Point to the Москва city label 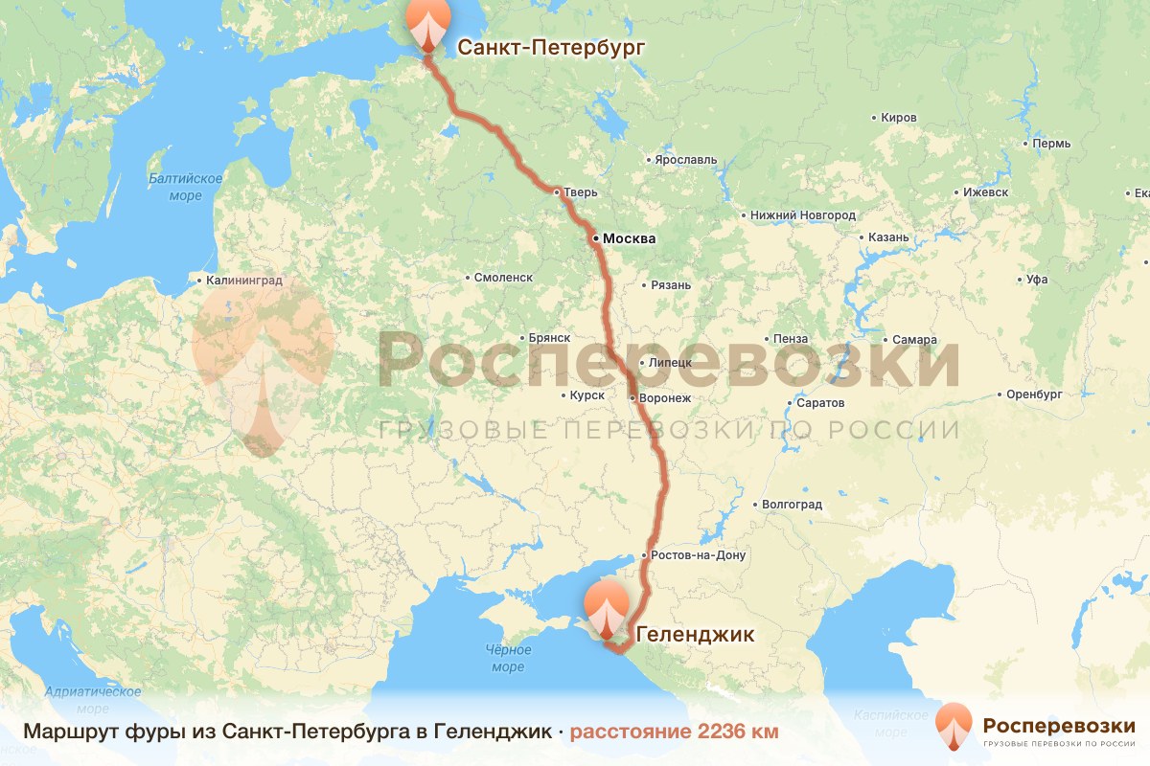(629, 238)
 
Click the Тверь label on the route (580, 192)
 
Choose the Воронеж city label (665, 397)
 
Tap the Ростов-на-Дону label (697, 555)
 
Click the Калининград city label (242, 282)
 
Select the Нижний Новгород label (803, 215)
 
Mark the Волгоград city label (792, 504)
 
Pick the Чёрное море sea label (508, 658)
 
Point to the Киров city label (898, 118)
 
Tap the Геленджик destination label (695, 634)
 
